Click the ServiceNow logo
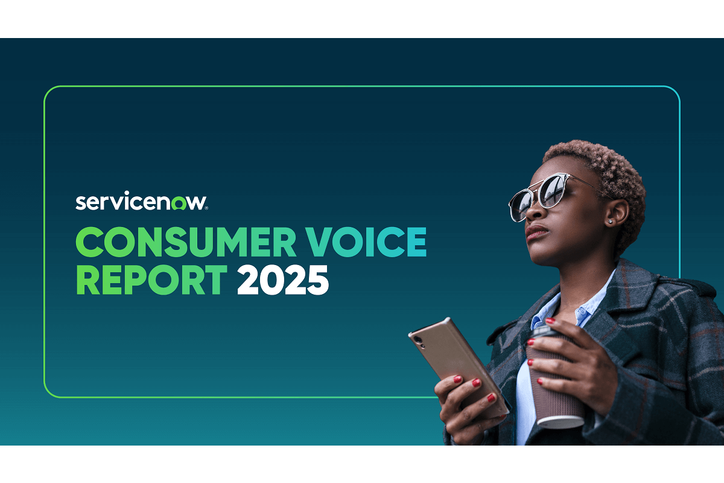pyautogui.click(x=142, y=201)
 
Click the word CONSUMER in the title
pyautogui.click(x=186, y=242)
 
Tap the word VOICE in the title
pyautogui.click(x=366, y=242)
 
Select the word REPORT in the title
pyautogui.click(x=152, y=280)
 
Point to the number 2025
pyautogui.click(x=283, y=280)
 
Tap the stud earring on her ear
pyautogui.click(x=610, y=222)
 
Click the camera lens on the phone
pyautogui.click(x=418, y=340)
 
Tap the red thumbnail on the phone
pyautogui.click(x=457, y=379)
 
